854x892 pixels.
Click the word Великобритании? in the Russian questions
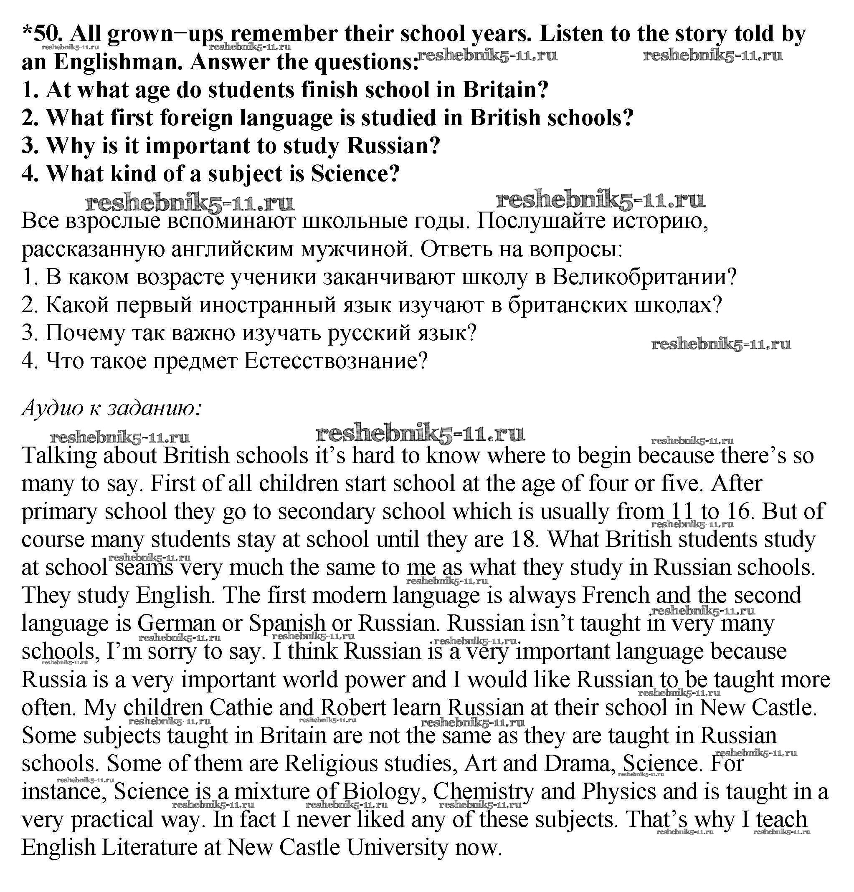click(644, 277)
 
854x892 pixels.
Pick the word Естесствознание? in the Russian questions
click(336, 361)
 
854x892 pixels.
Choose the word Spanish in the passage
click(287, 624)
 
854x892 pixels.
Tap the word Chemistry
click(483, 792)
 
